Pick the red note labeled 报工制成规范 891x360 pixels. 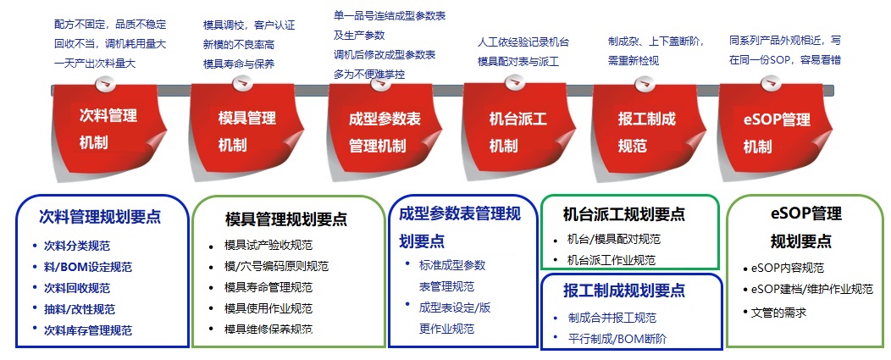point(648,130)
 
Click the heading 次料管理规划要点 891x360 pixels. point(100,216)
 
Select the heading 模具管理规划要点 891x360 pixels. point(285,219)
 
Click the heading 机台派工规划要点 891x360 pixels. point(624,213)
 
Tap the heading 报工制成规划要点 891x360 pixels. point(624,291)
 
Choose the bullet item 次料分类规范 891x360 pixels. point(77,246)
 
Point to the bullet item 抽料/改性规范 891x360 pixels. point(80,309)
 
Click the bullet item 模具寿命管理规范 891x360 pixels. point(268,288)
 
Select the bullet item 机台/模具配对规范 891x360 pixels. point(614,240)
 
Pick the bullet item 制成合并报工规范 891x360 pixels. point(612,318)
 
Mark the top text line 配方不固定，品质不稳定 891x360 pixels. point(110,25)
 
